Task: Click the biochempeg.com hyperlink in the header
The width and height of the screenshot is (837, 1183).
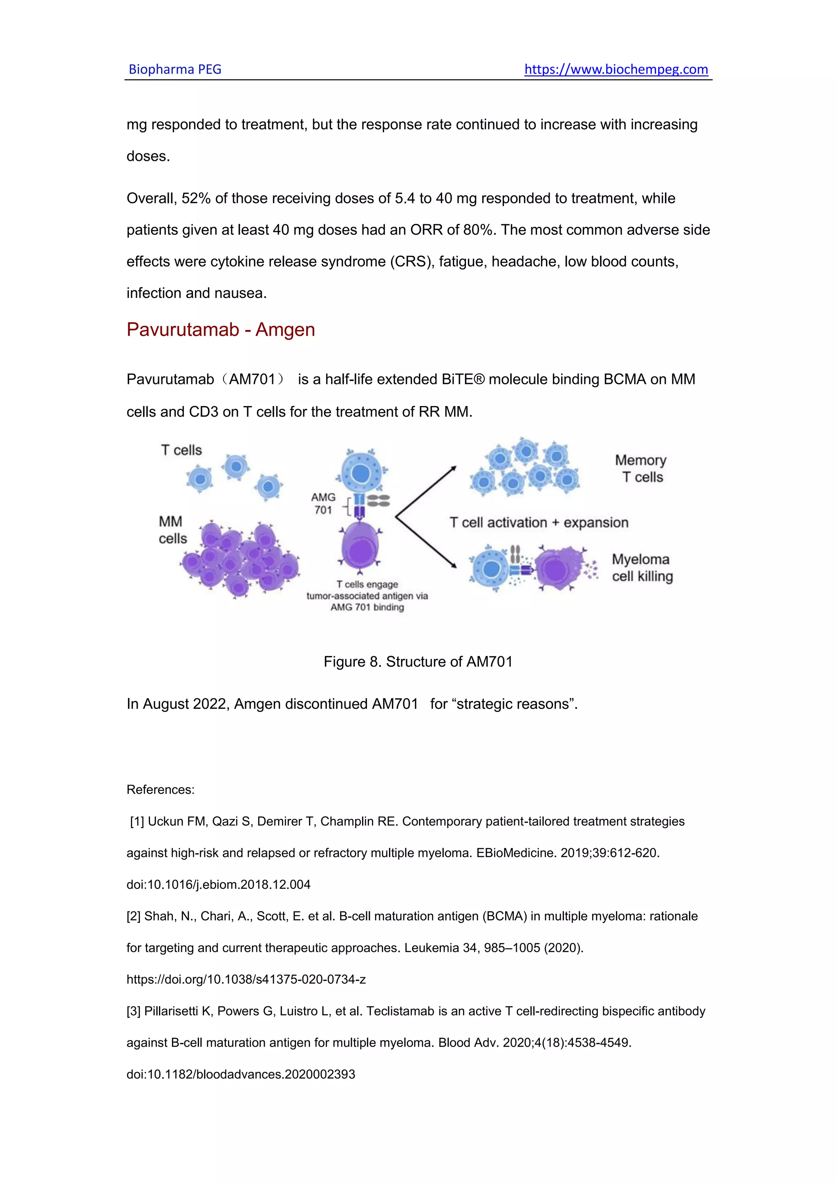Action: coord(616,69)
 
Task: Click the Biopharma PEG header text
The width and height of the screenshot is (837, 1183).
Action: coord(175,69)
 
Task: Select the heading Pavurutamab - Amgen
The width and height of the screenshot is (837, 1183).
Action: coord(221,330)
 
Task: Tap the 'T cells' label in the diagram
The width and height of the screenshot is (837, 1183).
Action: coord(181,450)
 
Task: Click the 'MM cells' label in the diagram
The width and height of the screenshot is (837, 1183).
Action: coord(172,530)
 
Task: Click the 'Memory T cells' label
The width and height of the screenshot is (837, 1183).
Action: coord(641,469)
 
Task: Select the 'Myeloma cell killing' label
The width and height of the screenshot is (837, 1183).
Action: coord(642,568)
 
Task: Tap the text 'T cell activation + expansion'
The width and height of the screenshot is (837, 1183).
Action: coord(539,522)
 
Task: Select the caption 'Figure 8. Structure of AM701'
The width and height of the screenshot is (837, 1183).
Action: coord(418,662)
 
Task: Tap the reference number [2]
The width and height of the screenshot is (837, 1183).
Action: coord(134,916)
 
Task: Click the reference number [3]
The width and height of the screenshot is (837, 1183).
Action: coord(134,1011)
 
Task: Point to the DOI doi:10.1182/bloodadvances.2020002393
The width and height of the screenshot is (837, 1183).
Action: coord(241,1074)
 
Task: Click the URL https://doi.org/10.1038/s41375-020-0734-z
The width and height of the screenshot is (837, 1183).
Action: coord(246,980)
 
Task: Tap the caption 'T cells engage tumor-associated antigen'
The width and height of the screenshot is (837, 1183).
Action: coord(367,596)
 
